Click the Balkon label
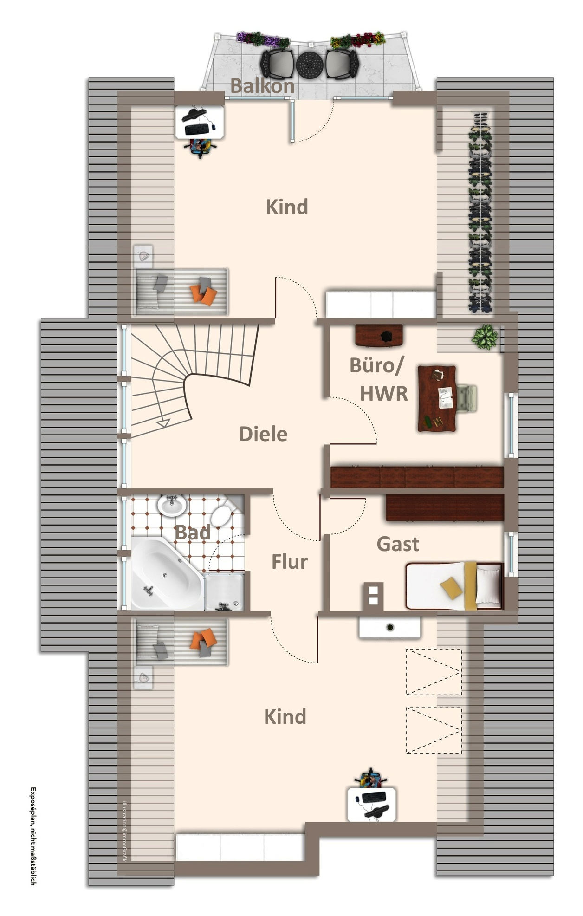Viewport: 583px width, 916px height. (x=262, y=86)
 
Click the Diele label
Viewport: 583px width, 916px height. (x=263, y=434)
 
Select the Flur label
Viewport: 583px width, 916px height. (x=290, y=562)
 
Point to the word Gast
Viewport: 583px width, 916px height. (x=398, y=544)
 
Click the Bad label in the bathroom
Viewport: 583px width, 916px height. (x=193, y=533)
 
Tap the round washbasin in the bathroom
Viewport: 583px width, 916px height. (x=172, y=505)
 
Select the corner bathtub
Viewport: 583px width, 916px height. (x=167, y=574)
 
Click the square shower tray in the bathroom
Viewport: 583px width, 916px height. (x=224, y=591)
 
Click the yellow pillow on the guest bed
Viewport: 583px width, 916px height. (x=451, y=588)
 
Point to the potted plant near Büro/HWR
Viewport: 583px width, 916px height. (x=485, y=337)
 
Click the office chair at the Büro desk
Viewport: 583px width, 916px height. (x=467, y=398)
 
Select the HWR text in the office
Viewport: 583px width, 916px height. (x=384, y=394)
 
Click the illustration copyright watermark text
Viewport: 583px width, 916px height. (x=124, y=831)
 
